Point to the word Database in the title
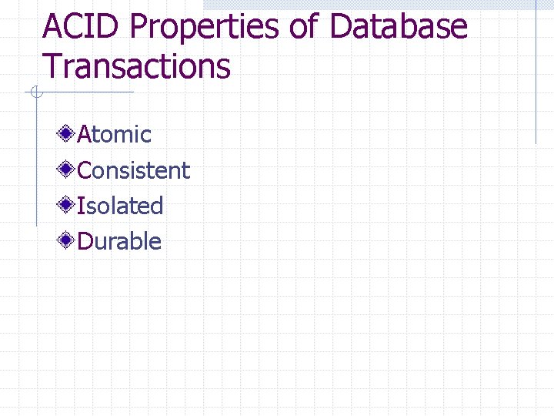coord(398,27)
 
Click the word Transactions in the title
coord(137,66)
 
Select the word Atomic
coord(115,135)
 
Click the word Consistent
coord(134,170)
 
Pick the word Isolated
coord(121,206)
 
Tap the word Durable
coord(119,241)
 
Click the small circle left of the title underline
coord(35,93)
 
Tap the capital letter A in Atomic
coord(85,135)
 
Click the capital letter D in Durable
coord(86,241)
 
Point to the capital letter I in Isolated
coord(81,206)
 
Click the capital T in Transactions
coord(53,66)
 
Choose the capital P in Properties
coord(140,27)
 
